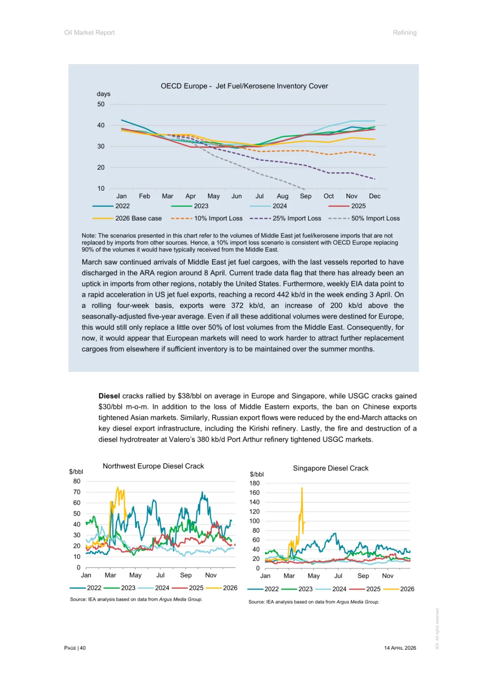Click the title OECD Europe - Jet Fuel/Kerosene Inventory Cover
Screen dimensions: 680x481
point(244,86)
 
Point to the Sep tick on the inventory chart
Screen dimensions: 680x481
point(306,196)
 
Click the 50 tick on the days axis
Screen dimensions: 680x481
point(101,104)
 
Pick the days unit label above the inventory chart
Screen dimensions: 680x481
point(103,94)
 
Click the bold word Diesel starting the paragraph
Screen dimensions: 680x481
point(109,396)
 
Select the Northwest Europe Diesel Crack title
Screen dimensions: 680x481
point(153,466)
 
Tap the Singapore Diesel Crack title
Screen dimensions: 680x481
point(330,468)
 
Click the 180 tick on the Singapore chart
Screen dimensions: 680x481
point(254,483)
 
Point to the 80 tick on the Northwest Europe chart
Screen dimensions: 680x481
point(77,481)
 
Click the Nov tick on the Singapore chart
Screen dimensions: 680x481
point(387,576)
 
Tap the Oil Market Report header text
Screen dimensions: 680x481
point(90,33)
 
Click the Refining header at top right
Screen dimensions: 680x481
point(404,33)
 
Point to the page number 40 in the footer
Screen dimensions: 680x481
point(83,648)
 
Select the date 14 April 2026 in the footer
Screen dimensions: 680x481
point(400,648)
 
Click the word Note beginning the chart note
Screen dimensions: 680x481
point(88,236)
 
